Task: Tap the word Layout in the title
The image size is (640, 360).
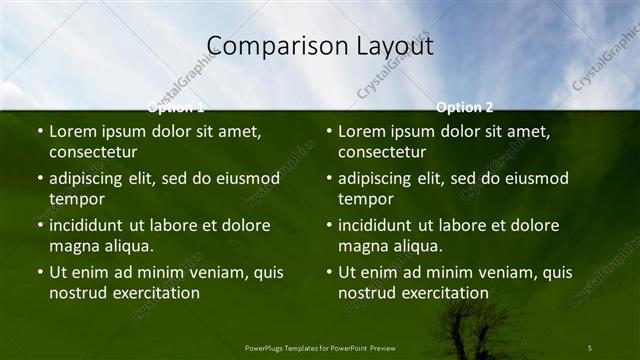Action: [x=393, y=46]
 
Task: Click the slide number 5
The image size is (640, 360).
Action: [x=590, y=347]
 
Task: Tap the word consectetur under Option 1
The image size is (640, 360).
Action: [x=93, y=152]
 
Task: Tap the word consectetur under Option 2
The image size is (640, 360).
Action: [x=382, y=152]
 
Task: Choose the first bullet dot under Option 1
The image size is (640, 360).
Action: [x=40, y=131]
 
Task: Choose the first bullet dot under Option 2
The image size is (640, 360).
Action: [x=329, y=131]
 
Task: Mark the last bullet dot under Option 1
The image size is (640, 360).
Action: [x=40, y=272]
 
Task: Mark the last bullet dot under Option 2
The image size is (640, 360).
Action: [x=329, y=272]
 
